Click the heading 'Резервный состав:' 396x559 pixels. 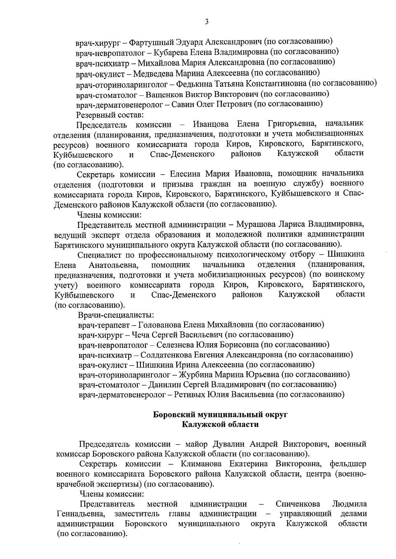click(110, 115)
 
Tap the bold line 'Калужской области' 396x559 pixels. click(221, 425)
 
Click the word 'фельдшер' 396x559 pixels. click(348, 464)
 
